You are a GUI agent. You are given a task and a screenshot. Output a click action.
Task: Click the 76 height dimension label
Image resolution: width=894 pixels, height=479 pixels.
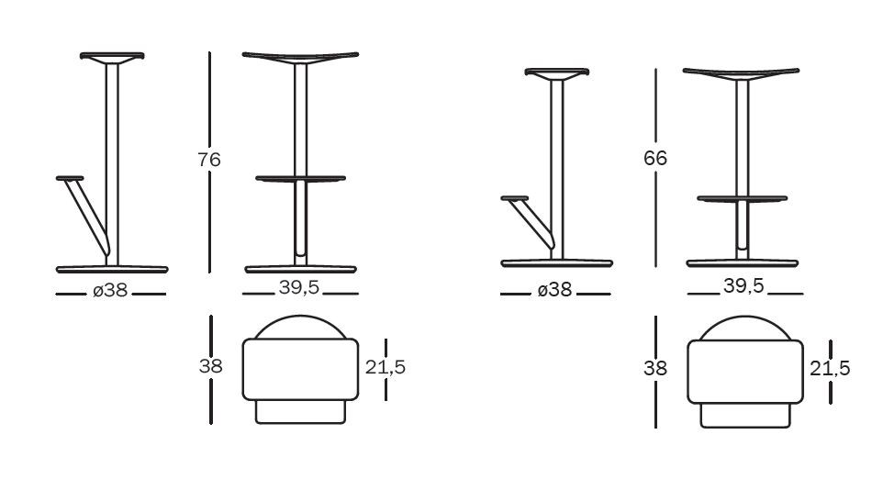(209, 160)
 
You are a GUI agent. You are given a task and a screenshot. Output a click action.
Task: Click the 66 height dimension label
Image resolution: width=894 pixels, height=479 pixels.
(655, 158)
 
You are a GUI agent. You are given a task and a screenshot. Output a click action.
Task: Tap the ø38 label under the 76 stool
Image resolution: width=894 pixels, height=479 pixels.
(110, 290)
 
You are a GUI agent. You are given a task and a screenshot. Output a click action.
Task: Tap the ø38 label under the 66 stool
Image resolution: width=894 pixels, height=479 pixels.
(554, 290)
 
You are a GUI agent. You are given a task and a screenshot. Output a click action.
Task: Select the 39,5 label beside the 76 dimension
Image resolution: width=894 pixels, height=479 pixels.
(298, 288)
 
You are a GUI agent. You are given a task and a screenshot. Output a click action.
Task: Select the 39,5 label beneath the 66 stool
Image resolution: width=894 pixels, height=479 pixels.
(743, 286)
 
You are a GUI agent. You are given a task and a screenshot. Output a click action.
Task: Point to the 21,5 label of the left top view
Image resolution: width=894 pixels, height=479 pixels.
(386, 367)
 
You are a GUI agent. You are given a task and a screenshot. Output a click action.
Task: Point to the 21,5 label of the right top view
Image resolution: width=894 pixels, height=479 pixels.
(830, 368)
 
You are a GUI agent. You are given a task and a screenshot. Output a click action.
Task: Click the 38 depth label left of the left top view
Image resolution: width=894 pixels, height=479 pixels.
(210, 366)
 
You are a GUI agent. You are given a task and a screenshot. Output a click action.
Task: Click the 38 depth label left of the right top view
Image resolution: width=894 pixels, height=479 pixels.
(655, 368)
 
